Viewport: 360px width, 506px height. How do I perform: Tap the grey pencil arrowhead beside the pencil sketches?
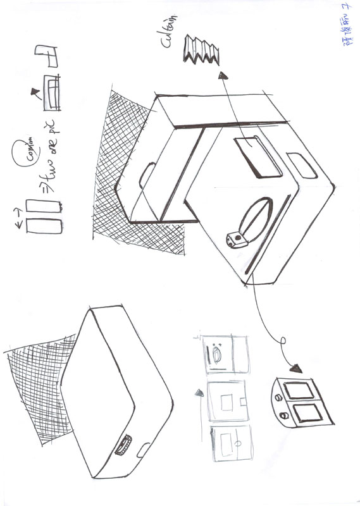pos(199,393)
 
